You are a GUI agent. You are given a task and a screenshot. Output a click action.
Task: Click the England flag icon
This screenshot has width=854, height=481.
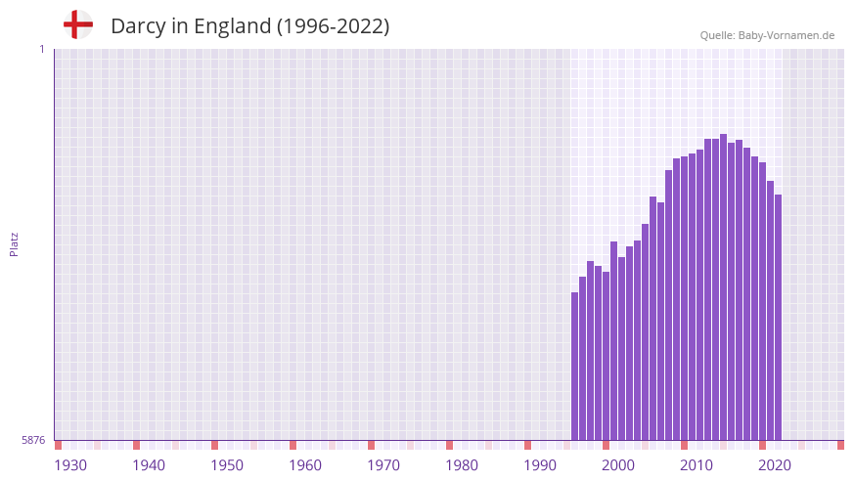coord(77,24)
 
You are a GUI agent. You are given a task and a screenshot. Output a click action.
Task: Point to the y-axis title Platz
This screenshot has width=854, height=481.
coord(14,243)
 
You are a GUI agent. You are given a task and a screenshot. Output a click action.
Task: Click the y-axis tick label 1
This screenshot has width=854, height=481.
coord(41,49)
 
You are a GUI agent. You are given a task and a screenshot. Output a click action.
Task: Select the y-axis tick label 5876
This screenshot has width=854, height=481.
coord(33,440)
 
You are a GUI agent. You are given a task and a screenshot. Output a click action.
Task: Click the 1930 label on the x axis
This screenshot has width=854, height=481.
coord(70,465)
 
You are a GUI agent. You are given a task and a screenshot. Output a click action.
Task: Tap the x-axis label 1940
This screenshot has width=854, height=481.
coord(149,465)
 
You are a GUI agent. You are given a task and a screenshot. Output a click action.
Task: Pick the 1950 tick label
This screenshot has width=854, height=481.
coord(227,465)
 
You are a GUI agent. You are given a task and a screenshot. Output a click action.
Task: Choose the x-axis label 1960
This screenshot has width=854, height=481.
coord(305,465)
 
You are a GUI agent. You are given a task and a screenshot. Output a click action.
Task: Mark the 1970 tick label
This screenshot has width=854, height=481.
coord(383,465)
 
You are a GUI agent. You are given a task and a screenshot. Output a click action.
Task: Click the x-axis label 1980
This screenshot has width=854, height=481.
coord(462,465)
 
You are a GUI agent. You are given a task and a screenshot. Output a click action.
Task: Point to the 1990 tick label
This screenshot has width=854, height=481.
coord(540,465)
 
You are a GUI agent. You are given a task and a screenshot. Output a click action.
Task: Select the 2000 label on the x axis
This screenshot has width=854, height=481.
coord(618,465)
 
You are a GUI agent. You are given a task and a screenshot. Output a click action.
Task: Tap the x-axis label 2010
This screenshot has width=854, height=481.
coord(697,465)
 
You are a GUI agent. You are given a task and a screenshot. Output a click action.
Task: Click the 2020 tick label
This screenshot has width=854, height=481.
coord(775,465)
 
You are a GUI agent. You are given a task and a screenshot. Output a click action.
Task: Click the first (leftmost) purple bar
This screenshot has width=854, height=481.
coord(575,366)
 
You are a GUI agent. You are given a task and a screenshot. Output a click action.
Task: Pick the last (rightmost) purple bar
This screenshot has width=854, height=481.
coord(778,317)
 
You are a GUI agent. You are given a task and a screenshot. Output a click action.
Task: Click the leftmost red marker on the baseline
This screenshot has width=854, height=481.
coord(58,445)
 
